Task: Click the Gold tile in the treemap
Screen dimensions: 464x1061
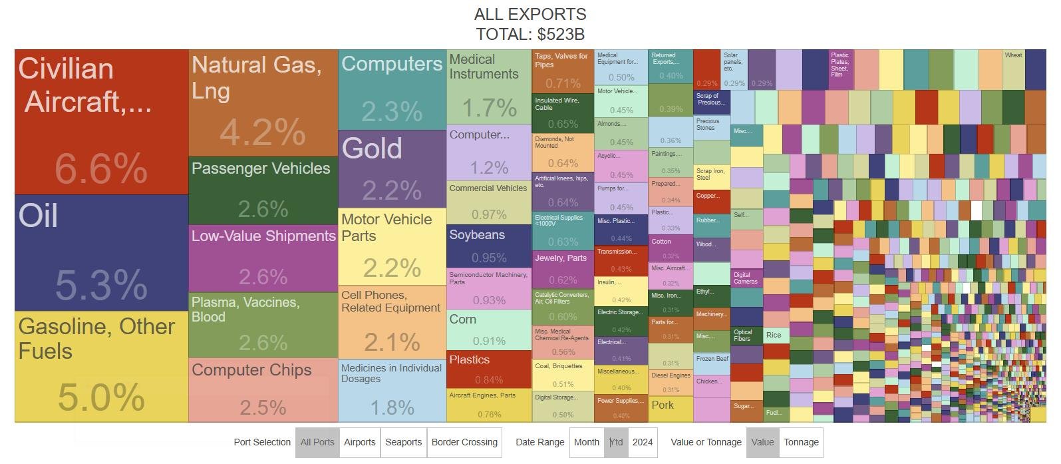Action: pos(392,168)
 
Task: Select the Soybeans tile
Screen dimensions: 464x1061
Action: pos(489,245)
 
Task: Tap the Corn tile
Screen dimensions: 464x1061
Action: pos(489,330)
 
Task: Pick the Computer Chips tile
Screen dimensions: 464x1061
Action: pos(263,389)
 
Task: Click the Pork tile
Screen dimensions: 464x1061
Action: pos(671,409)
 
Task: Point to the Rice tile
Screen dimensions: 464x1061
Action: pos(776,335)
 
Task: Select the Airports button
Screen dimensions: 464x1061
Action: pos(360,442)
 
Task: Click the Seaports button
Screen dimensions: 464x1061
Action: pos(403,442)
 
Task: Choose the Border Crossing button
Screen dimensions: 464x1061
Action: pos(464,442)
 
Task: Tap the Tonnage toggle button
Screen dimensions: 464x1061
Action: pos(801,442)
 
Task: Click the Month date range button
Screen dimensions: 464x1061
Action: pos(587,442)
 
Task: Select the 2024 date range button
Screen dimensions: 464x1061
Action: pos(643,442)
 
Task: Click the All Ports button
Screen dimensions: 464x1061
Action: pos(317,442)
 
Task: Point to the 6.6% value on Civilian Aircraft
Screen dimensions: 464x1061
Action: pos(101,168)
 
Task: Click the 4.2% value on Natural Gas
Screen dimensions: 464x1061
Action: pos(263,132)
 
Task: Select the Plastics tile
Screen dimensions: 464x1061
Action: pos(489,369)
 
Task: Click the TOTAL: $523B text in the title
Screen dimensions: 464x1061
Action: pos(530,34)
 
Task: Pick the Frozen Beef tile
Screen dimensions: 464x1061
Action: pos(712,363)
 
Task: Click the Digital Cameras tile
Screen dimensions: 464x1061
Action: pos(746,278)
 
